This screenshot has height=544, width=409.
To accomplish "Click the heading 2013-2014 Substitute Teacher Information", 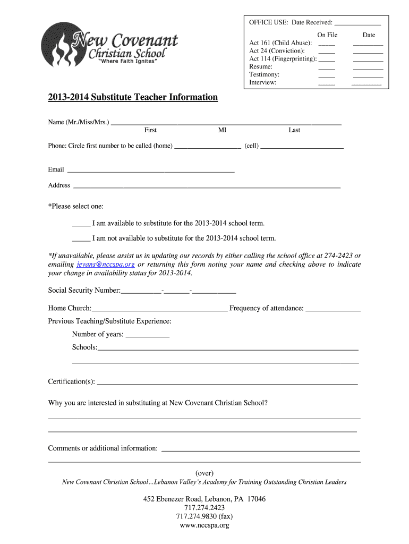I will tap(133, 97).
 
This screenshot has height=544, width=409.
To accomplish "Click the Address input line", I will tap(207, 187).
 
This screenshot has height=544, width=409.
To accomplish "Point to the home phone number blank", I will tap(208, 147).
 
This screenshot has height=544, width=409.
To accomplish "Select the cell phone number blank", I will tap(302, 147).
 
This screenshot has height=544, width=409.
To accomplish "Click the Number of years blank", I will tap(148, 336).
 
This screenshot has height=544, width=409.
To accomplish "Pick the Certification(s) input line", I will tap(227, 383).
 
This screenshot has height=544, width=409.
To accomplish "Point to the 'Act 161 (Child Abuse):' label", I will tap(280, 43).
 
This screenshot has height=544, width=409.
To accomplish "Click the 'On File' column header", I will tap(327, 35).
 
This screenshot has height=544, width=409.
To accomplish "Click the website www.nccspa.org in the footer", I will tap(204, 525).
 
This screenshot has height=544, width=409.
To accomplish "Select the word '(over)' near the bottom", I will tap(204, 473).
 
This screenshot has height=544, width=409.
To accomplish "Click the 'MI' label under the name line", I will tap(222, 130).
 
